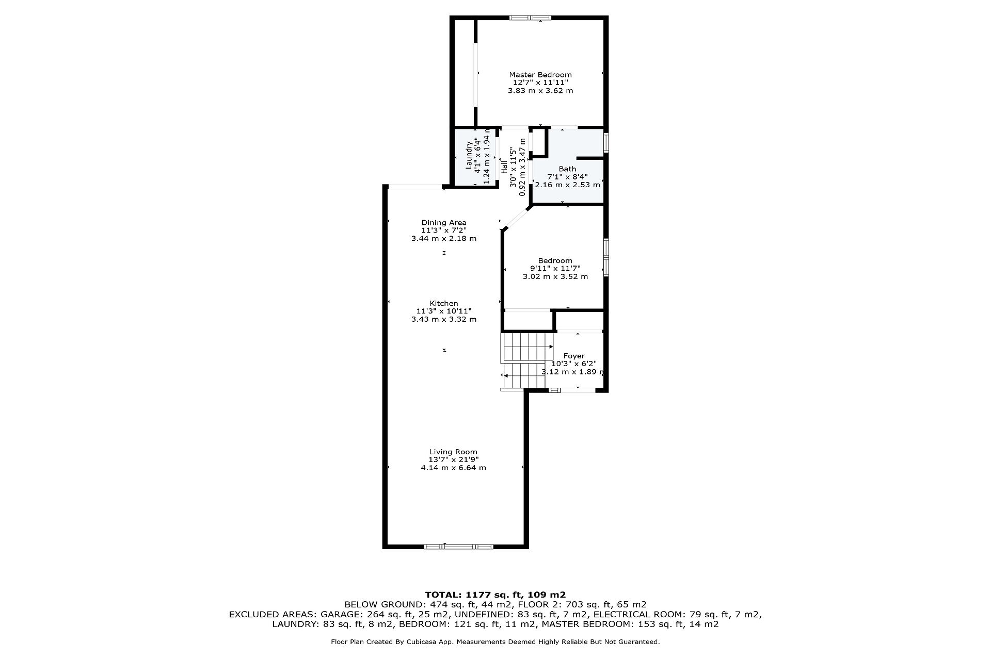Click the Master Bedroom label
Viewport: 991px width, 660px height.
pyautogui.click(x=540, y=75)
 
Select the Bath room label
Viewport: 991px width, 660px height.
pyautogui.click(x=567, y=169)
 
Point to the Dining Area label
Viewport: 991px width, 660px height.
pyautogui.click(x=444, y=223)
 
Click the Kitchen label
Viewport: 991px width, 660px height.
pyautogui.click(x=444, y=303)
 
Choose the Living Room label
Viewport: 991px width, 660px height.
pyautogui.click(x=453, y=452)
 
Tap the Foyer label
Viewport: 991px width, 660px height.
pyautogui.click(x=574, y=356)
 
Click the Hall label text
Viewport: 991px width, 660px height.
pyautogui.click(x=504, y=167)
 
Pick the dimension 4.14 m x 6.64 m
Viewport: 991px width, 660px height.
pyautogui.click(x=453, y=468)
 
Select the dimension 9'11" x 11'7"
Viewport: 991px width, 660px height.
pyautogui.click(x=555, y=268)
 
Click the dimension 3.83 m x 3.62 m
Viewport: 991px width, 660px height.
pyautogui.click(x=540, y=91)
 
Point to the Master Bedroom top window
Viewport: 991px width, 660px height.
pyautogui.click(x=531, y=19)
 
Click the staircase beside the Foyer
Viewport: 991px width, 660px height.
pyautogui.click(x=524, y=360)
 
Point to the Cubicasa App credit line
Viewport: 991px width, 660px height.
pyautogui.click(x=495, y=642)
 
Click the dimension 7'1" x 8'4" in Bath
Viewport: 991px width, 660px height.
pyautogui.click(x=567, y=176)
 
